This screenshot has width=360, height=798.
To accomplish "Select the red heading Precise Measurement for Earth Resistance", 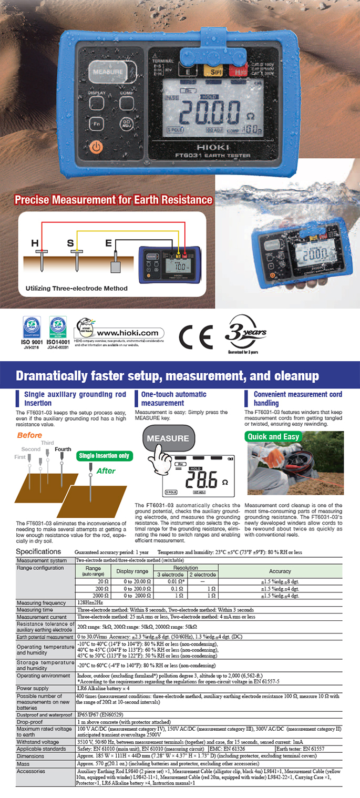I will click(114, 200).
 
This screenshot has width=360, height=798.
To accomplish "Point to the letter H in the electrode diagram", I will click(35, 243).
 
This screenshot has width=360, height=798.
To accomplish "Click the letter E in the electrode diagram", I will click(109, 243).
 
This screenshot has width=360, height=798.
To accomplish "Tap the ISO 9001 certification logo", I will click(31, 330).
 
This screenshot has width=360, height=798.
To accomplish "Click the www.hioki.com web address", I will click(120, 333).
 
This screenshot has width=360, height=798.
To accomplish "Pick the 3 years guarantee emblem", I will click(245, 333).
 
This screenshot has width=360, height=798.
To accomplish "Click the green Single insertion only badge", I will click(104, 456).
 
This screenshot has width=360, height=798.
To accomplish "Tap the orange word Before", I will click(29, 435).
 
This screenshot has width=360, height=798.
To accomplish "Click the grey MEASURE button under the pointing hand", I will click(168, 438).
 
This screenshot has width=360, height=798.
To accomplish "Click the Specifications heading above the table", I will click(38, 551).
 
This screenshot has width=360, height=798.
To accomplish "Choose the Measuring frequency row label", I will click(42, 602).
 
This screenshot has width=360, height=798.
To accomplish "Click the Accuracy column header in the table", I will click(280, 571).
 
